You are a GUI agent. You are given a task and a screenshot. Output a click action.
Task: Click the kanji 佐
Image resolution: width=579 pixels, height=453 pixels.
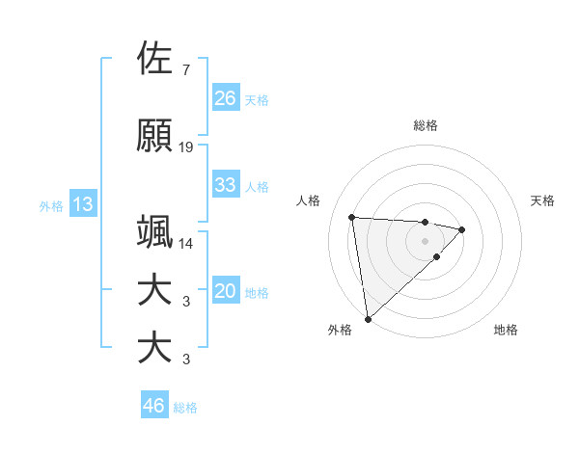[155, 59]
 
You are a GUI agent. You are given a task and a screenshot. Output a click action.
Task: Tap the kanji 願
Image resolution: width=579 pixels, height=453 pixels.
[155, 136]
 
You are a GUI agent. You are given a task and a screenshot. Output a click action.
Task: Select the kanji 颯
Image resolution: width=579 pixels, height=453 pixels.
[155, 232]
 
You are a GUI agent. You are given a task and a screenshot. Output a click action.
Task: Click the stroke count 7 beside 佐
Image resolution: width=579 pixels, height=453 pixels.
[185, 70]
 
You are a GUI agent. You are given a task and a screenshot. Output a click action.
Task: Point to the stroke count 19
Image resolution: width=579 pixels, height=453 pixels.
[186, 147]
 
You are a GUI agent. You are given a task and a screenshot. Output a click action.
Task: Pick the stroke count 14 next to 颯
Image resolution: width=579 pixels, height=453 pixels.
[186, 244]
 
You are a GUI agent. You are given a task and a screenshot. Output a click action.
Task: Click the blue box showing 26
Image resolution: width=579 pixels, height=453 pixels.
[225, 98]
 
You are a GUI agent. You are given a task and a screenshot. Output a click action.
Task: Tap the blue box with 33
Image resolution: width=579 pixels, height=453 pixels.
[225, 185]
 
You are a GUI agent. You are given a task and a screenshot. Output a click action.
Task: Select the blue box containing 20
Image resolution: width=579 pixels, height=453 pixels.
[225, 292]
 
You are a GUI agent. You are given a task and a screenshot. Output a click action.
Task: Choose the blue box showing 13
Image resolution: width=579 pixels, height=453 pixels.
[82, 204]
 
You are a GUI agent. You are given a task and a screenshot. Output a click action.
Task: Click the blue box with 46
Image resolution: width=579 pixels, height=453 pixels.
[153, 406]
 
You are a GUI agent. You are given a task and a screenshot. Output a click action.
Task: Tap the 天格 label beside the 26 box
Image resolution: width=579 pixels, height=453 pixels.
[257, 99]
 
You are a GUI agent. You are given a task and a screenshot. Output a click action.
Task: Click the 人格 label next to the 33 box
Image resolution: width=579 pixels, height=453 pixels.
[257, 186]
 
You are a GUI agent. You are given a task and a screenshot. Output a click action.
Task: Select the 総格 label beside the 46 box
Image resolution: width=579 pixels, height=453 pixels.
[185, 407]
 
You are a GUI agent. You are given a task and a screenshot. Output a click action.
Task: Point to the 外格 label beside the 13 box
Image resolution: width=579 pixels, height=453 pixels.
[51, 205]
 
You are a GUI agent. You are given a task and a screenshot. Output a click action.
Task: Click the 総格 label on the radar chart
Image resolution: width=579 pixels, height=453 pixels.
[426, 125]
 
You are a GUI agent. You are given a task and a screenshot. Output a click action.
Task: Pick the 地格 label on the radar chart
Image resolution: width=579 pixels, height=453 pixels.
[506, 330]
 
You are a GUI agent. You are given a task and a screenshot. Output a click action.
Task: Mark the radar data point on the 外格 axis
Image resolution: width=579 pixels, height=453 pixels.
[368, 318]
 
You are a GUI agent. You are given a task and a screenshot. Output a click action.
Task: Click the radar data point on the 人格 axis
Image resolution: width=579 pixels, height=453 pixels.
[352, 216]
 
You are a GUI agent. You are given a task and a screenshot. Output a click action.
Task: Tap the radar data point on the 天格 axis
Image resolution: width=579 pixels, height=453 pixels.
[462, 229]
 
